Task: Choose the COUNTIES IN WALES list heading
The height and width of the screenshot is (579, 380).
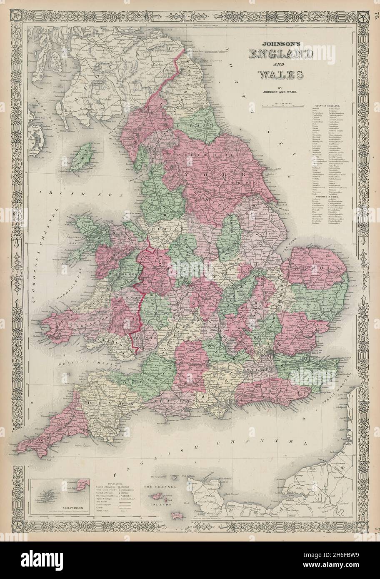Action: [x=329, y=196]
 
